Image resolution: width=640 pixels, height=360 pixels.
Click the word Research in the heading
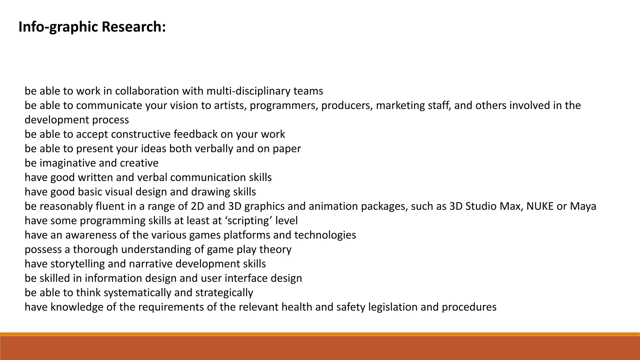(133, 27)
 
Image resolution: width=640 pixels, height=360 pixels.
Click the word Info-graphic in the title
(58, 27)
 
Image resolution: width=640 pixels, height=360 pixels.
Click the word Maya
(583, 206)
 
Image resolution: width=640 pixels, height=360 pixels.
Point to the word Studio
(482, 206)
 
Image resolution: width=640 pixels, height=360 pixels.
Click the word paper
(287, 149)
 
